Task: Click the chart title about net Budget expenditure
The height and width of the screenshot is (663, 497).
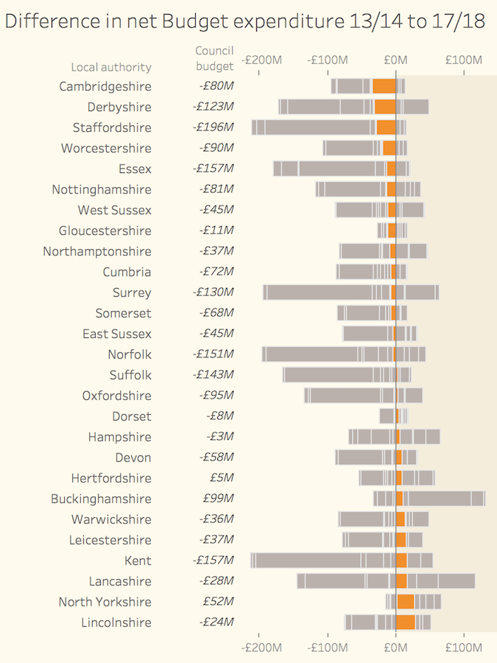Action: [x=244, y=21]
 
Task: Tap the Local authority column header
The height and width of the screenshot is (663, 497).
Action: [x=111, y=67]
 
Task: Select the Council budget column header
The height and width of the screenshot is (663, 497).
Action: [x=214, y=58]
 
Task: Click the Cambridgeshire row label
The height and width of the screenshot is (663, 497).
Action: [x=105, y=86]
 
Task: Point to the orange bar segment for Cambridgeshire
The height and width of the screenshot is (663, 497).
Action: [x=384, y=86]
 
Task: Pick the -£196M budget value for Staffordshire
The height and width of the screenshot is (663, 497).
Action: [x=213, y=127]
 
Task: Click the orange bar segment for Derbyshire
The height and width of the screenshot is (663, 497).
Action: [x=385, y=107]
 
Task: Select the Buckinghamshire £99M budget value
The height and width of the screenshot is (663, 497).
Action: [x=218, y=499]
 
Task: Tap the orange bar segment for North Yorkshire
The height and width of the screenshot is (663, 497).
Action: [x=405, y=602]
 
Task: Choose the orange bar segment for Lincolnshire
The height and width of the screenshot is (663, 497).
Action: [x=405, y=622]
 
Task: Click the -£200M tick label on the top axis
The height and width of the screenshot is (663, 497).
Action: [x=261, y=60]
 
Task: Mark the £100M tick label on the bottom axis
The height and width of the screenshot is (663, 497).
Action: [x=464, y=648]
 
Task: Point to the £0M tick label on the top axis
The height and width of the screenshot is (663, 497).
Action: [x=395, y=60]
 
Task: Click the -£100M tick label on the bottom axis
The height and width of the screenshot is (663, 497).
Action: [x=328, y=648]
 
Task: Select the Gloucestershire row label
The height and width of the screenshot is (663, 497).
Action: [x=105, y=231]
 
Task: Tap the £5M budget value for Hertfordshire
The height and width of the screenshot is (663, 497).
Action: [x=222, y=478]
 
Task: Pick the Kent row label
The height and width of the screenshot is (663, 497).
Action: [x=138, y=561]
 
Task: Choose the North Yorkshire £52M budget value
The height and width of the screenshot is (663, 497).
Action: [x=218, y=602]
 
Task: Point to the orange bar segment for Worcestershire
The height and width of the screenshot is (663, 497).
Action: [x=390, y=148]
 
